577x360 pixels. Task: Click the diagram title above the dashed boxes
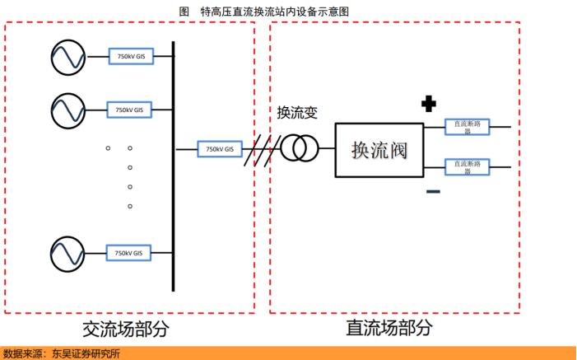(263, 11)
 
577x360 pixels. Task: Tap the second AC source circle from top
(67, 110)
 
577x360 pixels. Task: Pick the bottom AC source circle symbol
(67, 253)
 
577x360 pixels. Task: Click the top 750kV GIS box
(131, 56)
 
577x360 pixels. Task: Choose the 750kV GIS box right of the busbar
(220, 149)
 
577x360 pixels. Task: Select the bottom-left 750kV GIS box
(128, 253)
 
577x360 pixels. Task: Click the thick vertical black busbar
(173, 165)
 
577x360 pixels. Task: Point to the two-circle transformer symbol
(299, 149)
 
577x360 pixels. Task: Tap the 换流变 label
(297, 112)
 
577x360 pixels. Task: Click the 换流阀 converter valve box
(379, 150)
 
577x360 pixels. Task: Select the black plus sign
(428, 104)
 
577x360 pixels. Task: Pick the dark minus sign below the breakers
(433, 192)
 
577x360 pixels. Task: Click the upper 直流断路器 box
(468, 127)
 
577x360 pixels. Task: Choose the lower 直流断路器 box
(468, 166)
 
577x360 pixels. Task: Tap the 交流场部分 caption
(126, 329)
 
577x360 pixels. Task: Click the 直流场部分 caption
(389, 328)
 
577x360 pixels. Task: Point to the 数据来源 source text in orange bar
(62, 353)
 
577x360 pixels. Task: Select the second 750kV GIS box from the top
(128, 110)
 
